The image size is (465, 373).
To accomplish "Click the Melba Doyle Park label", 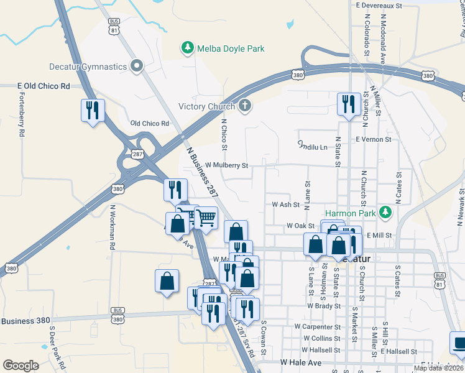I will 231,48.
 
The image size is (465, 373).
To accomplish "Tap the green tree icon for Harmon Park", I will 385,213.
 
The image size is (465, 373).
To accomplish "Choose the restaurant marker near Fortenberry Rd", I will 92,111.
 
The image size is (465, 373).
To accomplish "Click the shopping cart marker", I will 206,218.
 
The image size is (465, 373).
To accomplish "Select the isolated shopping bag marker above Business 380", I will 167,281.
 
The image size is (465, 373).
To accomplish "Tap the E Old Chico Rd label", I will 44,86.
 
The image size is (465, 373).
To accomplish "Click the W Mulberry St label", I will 226,165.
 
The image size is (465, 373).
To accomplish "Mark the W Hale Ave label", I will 300,362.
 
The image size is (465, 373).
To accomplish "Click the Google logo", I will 21,365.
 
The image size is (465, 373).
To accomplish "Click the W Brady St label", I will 323,306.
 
